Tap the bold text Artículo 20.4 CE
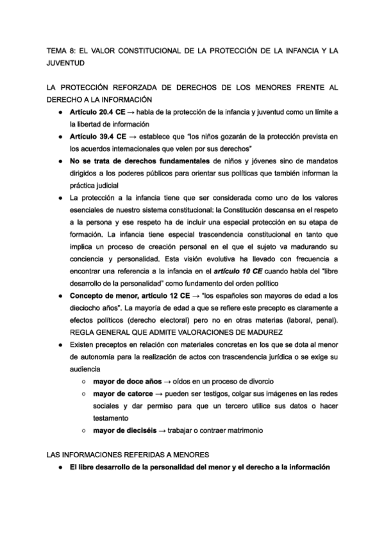[x=97, y=113]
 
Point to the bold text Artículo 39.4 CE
[x=97, y=137]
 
